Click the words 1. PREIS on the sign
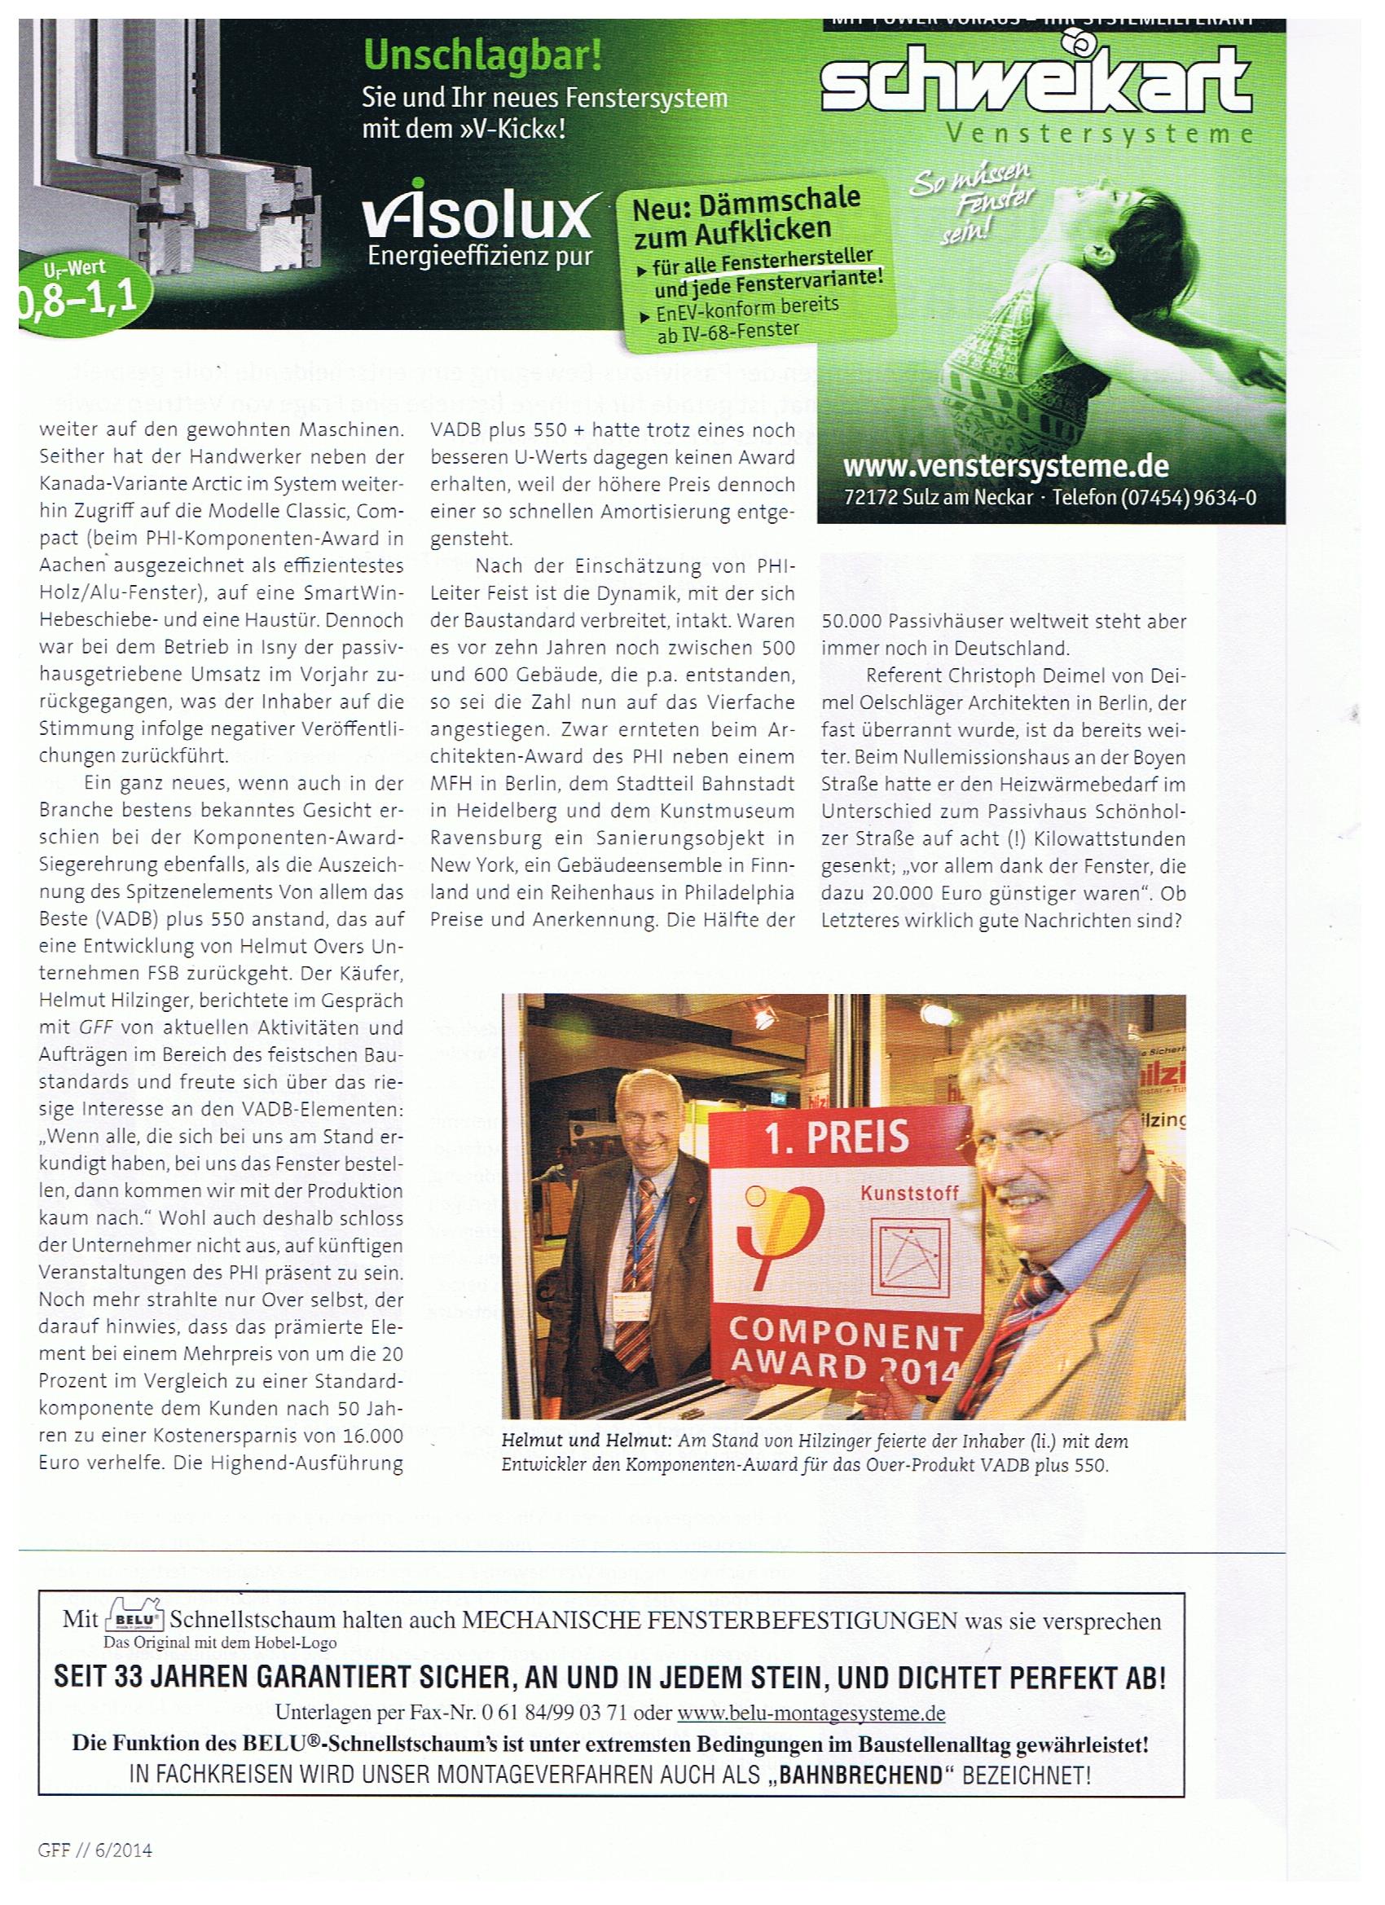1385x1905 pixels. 837,1137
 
